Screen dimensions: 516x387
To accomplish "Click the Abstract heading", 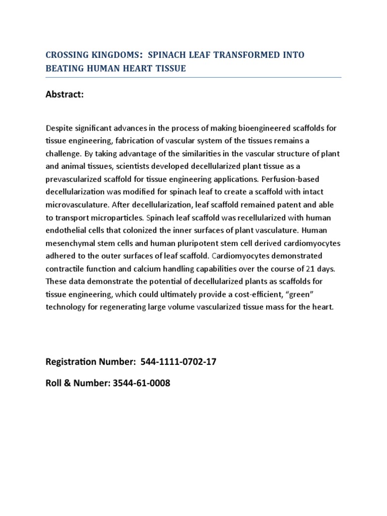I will (x=64, y=95).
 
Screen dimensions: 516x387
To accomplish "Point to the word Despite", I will (x=59, y=128).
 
